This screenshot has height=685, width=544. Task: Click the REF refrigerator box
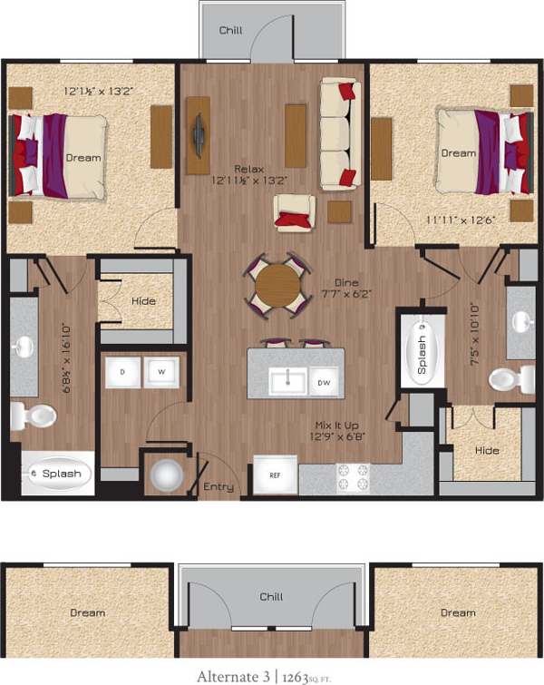(x=275, y=475)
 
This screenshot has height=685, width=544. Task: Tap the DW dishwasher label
(x=324, y=383)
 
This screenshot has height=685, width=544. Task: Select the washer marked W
(x=161, y=371)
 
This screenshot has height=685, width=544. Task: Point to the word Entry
(x=219, y=487)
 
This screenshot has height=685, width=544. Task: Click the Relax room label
(x=248, y=170)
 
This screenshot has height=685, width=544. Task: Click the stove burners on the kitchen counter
(x=353, y=473)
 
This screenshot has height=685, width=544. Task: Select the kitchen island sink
(x=289, y=382)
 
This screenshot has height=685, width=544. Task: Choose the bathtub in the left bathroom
(x=57, y=473)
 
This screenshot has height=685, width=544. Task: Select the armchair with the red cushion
(x=294, y=212)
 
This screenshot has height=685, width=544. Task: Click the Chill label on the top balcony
(x=231, y=30)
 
